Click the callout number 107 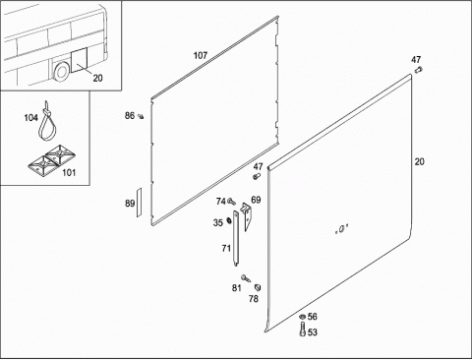[201, 55]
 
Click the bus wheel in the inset [61, 72]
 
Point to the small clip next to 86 [142, 116]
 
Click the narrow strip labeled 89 [139, 202]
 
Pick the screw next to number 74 [232, 201]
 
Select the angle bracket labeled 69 [247, 214]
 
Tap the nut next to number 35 [229, 221]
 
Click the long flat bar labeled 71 [236, 238]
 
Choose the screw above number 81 [246, 278]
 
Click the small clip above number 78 [258, 287]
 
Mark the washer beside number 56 [302, 317]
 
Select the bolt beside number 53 [303, 330]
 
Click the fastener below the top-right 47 [418, 70]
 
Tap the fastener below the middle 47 [257, 176]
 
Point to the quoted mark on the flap [341, 229]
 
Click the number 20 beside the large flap [419, 161]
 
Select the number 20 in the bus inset [97, 78]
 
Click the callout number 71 [226, 249]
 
